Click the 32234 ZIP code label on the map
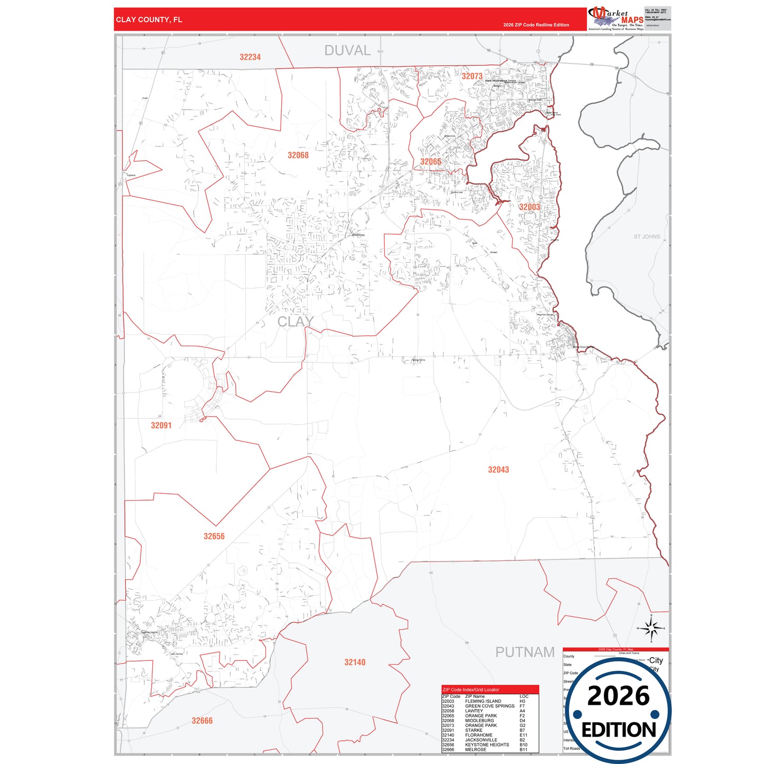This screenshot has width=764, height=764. [x=250, y=57]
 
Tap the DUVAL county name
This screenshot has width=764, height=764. [x=347, y=51]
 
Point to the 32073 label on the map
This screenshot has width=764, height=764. [x=472, y=76]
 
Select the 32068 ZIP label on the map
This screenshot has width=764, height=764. [x=298, y=155]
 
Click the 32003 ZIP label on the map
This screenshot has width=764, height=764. [x=529, y=207]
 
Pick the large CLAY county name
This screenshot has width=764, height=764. [x=296, y=321]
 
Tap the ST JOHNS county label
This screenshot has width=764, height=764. [x=647, y=237]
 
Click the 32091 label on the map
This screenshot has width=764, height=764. [x=161, y=425]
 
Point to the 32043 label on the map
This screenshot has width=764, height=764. [x=499, y=470]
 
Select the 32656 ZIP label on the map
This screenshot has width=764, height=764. [x=214, y=536]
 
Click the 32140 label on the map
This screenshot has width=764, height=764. [x=355, y=662]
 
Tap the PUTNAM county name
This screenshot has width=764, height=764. [x=525, y=652]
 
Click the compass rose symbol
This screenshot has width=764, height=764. [x=651, y=628]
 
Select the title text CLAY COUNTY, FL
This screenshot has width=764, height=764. [x=149, y=20]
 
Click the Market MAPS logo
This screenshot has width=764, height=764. [x=616, y=19]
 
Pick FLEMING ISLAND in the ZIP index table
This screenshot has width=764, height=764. [x=483, y=701]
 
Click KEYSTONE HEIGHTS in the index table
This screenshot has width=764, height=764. [x=487, y=744]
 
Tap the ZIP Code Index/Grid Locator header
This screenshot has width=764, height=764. [x=471, y=689]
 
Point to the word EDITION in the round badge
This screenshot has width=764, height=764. [x=619, y=730]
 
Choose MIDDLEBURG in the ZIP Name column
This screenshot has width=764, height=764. [x=480, y=720]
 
